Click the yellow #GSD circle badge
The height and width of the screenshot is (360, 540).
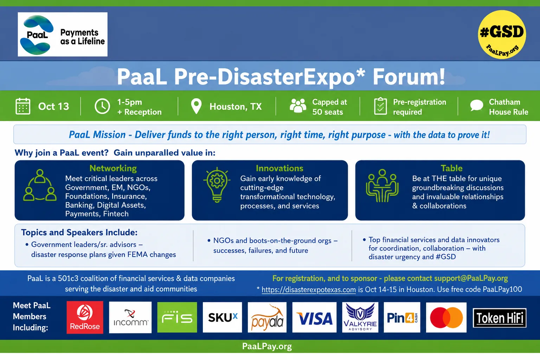click(502, 34)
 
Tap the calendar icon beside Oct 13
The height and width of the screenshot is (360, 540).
click(23, 106)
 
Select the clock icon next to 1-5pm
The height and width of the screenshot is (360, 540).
click(102, 106)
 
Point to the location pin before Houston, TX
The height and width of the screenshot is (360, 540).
click(196, 106)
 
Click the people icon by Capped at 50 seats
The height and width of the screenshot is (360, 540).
click(298, 105)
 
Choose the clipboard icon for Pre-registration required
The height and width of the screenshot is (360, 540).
click(380, 106)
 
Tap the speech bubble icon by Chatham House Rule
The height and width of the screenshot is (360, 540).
click(477, 105)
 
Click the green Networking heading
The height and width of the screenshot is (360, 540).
click(113, 168)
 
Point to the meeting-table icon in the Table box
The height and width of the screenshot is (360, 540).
click(382, 186)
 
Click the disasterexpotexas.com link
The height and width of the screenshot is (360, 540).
click(309, 289)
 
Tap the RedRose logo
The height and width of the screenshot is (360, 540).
click(85, 317)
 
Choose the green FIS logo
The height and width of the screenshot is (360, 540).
click(177, 317)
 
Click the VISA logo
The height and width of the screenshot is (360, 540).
click(314, 317)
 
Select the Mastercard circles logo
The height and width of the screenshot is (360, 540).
click(446, 317)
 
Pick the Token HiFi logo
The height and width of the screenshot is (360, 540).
click(500, 318)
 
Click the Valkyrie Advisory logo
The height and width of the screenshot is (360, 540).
click(360, 317)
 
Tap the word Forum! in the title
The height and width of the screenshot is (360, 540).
click(409, 77)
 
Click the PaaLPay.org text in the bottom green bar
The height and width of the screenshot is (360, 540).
click(267, 346)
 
